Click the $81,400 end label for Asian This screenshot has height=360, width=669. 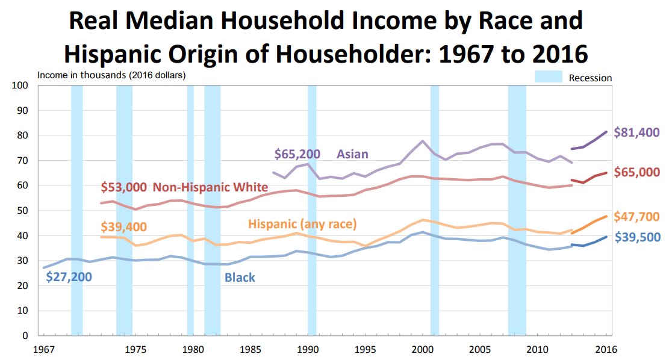coord(636,132)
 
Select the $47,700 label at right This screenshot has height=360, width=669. coord(636,217)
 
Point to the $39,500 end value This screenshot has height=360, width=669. coord(638,237)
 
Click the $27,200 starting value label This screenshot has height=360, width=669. coord(69,278)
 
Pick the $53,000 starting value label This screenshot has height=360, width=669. coord(123,187)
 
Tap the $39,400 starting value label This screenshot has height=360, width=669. coord(123,226)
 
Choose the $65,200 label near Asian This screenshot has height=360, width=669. coord(297,154)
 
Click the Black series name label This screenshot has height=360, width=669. coord(240,278)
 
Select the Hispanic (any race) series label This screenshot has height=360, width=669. coord(302,224)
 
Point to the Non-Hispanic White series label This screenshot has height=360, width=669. coord(210,187)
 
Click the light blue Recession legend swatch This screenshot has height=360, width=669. coord(548,77)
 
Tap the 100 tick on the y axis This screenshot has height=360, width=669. coord(20,85)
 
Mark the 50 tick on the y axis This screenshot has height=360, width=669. coord(22,211)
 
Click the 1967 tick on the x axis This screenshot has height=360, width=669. coord(44,350)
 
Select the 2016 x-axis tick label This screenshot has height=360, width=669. coord(606,350)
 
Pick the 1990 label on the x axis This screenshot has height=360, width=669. coord(308,350)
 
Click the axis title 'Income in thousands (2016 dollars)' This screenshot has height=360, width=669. coord(111,75)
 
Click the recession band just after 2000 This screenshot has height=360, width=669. coord(435,210)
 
